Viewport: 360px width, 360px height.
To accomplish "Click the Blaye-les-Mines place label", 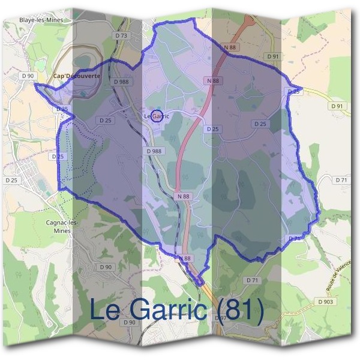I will [41, 20].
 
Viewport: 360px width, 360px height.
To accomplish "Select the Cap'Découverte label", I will [77, 77].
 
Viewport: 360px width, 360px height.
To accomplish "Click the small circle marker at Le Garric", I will [156, 115].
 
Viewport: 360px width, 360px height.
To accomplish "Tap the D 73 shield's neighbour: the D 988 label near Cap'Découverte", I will [121, 82].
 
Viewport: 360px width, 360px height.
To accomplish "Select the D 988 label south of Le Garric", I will [154, 152].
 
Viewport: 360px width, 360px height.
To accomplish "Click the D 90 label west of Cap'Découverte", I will [28, 76].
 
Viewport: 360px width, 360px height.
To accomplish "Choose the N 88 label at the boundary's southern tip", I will [184, 259].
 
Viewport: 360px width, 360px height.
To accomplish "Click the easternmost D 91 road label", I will [338, 106].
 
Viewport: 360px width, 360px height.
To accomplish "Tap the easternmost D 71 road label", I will [341, 180].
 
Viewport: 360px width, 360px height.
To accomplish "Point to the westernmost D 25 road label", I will [11, 180].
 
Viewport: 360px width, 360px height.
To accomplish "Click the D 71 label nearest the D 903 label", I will [251, 280].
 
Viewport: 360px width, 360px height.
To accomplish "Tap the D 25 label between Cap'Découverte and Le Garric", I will [105, 120].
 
